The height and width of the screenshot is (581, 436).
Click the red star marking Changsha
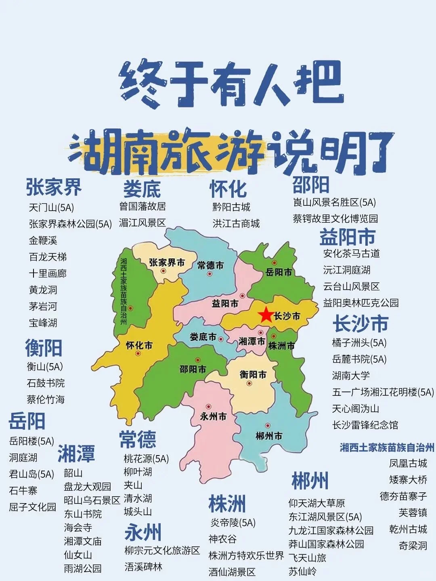[266, 315]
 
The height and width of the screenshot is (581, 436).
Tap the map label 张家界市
[167, 263]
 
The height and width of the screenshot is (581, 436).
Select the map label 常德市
[210, 265]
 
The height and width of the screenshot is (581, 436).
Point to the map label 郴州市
[269, 436]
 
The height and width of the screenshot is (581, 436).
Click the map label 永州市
[213, 416]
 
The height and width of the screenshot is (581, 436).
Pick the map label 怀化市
[139, 345]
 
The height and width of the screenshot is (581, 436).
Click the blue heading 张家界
[54, 187]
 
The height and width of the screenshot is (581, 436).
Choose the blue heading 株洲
[227, 504]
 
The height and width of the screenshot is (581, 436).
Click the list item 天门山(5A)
[51, 208]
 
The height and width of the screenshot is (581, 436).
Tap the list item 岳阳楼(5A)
[31, 441]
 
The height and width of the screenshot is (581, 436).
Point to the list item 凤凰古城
[408, 463]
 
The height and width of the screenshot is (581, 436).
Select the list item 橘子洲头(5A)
[359, 343]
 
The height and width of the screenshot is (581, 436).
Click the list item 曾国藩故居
[143, 207]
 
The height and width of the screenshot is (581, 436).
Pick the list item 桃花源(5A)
[146, 459]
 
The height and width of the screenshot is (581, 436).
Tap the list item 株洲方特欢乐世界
[246, 556]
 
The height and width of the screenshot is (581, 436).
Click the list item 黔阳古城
[231, 207]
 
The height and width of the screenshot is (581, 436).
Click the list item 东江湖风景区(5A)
[325, 517]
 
